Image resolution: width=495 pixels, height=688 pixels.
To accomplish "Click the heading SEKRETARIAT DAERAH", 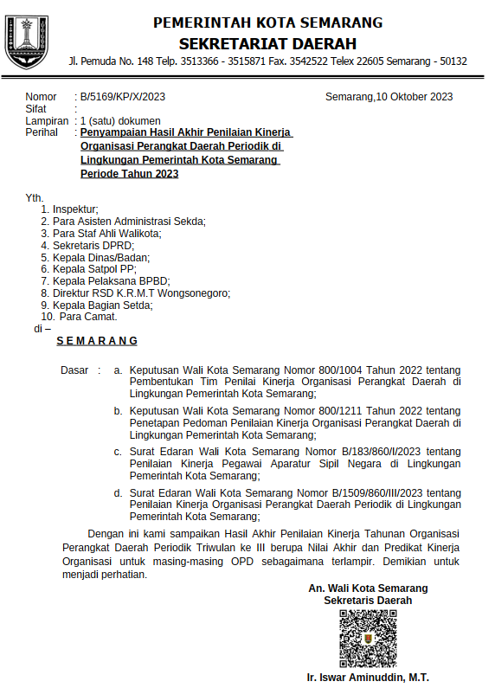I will pyautogui.click(x=268, y=43).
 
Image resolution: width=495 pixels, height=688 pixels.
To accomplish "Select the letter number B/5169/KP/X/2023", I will pyautogui.click(x=123, y=97).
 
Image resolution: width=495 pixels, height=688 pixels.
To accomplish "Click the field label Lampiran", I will pyautogui.click(x=47, y=121).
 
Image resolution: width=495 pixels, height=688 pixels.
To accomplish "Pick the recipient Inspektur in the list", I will pyautogui.click(x=75, y=209).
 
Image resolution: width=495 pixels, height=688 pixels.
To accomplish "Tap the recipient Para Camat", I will pyautogui.click(x=88, y=317).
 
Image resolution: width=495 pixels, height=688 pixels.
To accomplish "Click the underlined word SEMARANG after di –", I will pyautogui.click(x=97, y=341).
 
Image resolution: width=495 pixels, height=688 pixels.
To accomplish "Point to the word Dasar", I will pyautogui.click(x=74, y=370).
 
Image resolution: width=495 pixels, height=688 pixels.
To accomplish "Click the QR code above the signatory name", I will pyautogui.click(x=368, y=639).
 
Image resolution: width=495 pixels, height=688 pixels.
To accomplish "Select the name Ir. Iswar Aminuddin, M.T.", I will pyautogui.click(x=368, y=678).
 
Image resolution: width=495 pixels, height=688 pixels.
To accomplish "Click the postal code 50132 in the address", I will pyautogui.click(x=452, y=61).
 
